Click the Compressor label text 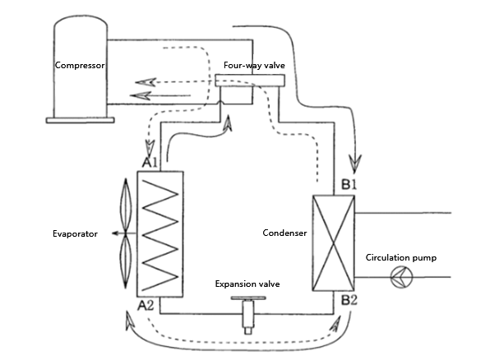click(x=81, y=65)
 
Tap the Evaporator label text click(x=74, y=234)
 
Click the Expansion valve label click(x=247, y=284)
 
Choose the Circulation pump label click(x=401, y=257)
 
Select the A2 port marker click(x=147, y=305)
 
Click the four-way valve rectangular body click(x=250, y=81)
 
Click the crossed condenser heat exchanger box click(x=333, y=243)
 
